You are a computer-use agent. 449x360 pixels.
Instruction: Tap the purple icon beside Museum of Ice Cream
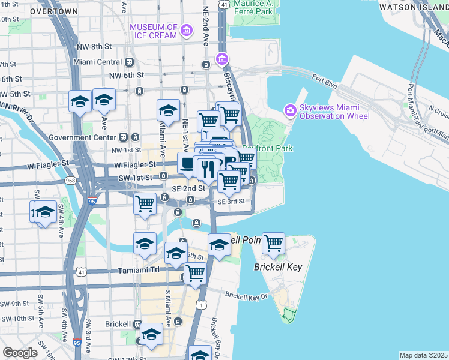coord(187,31)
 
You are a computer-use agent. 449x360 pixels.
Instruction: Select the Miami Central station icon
coord(129,62)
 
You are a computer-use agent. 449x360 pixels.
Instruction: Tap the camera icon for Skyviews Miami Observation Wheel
coord(291,110)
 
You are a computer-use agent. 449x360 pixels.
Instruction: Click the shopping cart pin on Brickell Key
coord(273,244)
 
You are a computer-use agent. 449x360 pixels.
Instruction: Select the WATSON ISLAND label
coord(418,7)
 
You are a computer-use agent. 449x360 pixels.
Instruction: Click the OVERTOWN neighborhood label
coord(53,11)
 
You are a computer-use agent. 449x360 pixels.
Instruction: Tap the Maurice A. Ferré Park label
coord(262,7)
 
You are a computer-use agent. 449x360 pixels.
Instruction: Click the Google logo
coord(20,352)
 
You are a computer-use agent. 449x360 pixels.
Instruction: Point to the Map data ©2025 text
coord(424,355)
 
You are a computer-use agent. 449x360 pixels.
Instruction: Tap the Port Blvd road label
coord(322,77)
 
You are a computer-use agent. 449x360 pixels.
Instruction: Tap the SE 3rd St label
coord(231,202)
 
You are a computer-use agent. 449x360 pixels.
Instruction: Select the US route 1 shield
coord(202,305)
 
